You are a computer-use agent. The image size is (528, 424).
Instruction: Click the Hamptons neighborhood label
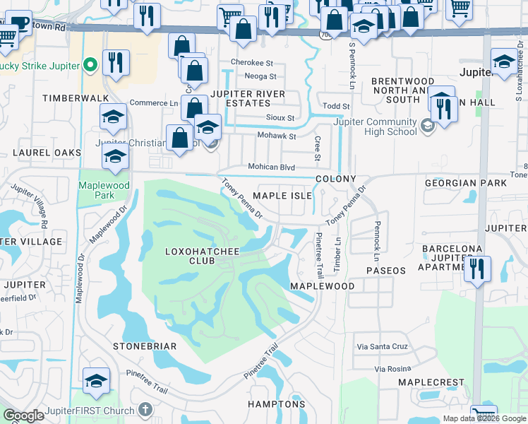click(x=276, y=404)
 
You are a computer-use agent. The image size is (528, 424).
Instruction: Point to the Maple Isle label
click(x=282, y=195)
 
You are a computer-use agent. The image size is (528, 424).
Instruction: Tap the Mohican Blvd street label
click(x=271, y=167)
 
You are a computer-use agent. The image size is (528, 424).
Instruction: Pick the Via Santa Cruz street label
click(x=383, y=346)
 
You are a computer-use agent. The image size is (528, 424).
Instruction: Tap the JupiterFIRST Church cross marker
click(x=145, y=409)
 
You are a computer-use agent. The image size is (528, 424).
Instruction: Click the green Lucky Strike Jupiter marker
click(x=90, y=66)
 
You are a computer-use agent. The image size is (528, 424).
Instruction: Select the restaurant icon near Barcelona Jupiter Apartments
click(x=477, y=269)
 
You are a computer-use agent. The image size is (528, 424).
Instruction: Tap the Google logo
click(x=23, y=416)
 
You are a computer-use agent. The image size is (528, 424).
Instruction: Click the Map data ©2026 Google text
click(x=484, y=418)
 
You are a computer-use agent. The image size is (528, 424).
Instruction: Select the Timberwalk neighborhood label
click(x=67, y=98)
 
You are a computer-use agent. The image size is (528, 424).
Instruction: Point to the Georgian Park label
click(x=465, y=183)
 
